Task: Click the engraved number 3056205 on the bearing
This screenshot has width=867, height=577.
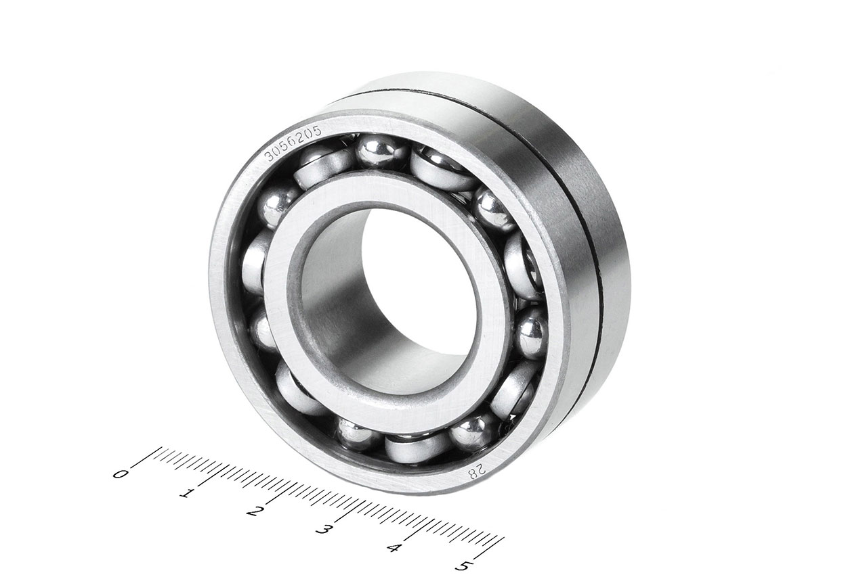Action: (x=293, y=143)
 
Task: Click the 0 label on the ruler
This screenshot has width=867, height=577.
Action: (x=120, y=474)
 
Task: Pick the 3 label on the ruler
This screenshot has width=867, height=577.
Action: (x=323, y=530)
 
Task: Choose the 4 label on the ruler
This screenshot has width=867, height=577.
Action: (x=394, y=548)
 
